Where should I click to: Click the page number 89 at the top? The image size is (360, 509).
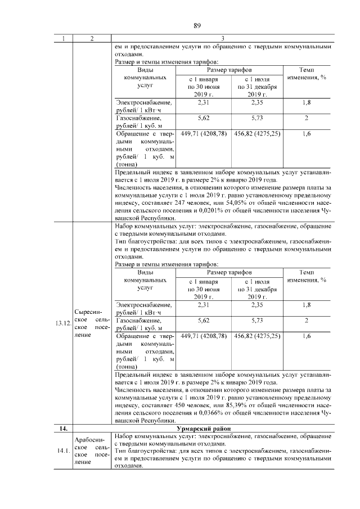tap(197, 25)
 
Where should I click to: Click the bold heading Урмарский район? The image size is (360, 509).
tap(222, 428)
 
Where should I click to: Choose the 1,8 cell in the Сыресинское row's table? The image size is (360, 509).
tap(307, 305)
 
